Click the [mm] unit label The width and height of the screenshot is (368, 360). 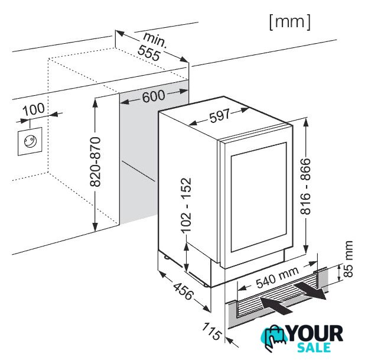(x=290, y=22)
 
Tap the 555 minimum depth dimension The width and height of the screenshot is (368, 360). (x=149, y=53)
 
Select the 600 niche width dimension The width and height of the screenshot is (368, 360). (x=154, y=96)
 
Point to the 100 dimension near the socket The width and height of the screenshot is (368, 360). (x=34, y=109)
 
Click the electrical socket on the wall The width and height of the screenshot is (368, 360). (x=30, y=141)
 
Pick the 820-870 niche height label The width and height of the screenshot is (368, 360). (x=96, y=162)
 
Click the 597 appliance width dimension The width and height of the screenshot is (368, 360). (x=220, y=115)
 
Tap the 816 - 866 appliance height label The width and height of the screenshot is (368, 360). (x=306, y=186)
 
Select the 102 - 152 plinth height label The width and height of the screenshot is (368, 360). (x=187, y=205)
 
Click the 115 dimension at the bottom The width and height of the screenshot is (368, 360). (x=212, y=331)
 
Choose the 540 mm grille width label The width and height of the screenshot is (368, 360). (x=278, y=277)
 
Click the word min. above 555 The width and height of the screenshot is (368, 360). (x=155, y=40)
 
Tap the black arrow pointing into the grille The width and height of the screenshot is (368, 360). (x=276, y=305)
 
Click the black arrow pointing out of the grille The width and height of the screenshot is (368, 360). (x=310, y=291)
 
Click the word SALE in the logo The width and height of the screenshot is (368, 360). (x=314, y=348)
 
